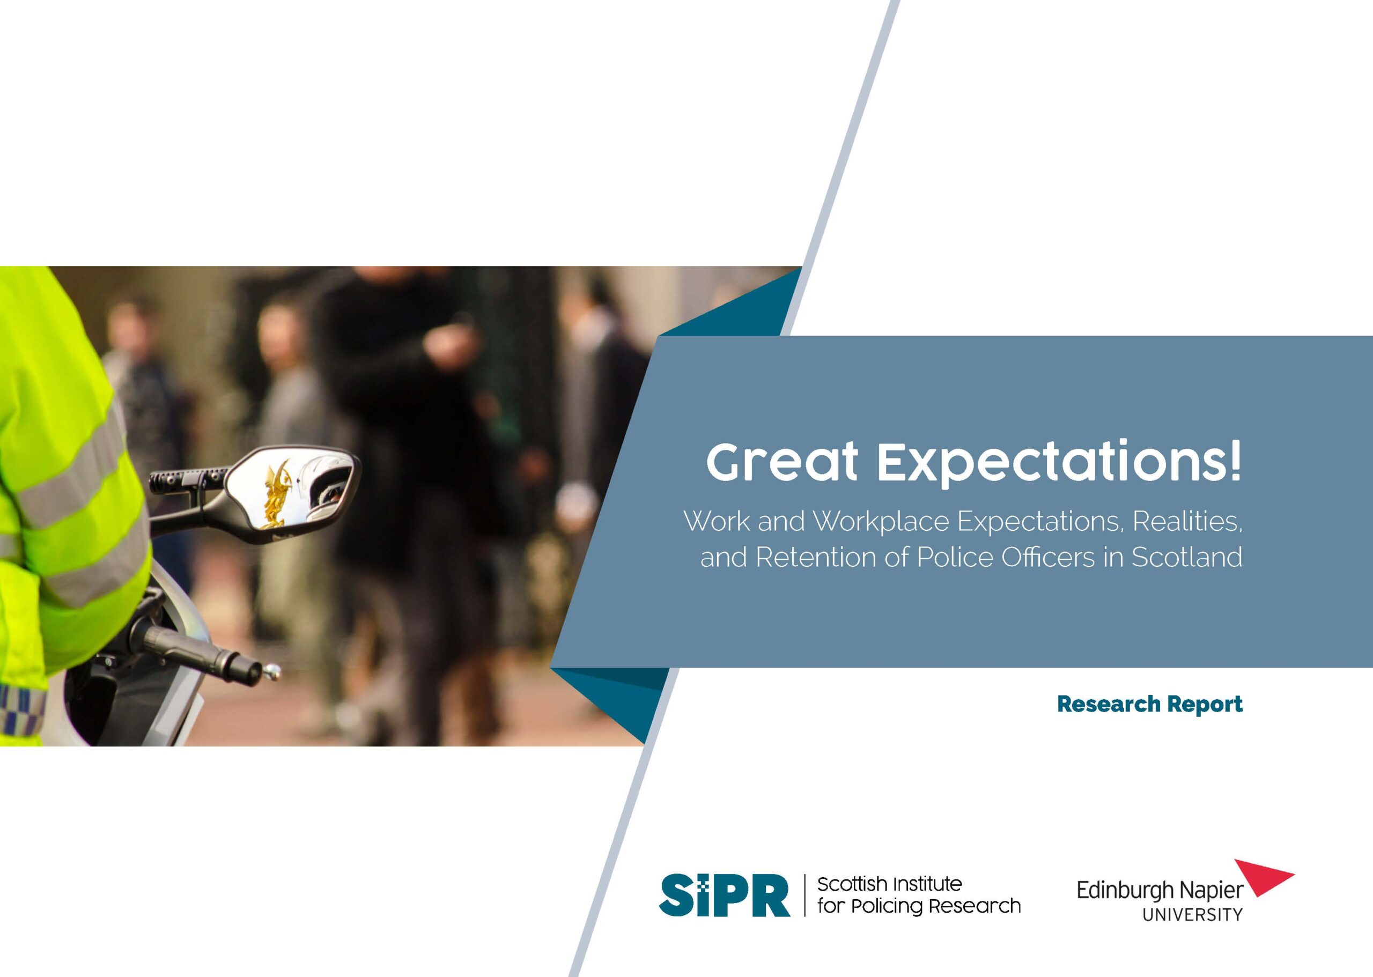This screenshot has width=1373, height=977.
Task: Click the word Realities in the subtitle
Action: point(1187,521)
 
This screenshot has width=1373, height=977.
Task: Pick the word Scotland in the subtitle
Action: point(1186,557)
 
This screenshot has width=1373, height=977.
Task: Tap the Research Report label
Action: point(1150,704)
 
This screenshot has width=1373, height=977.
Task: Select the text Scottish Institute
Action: point(889,884)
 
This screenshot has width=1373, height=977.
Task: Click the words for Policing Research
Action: point(919,907)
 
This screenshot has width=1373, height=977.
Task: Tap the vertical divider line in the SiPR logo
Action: point(804,896)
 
